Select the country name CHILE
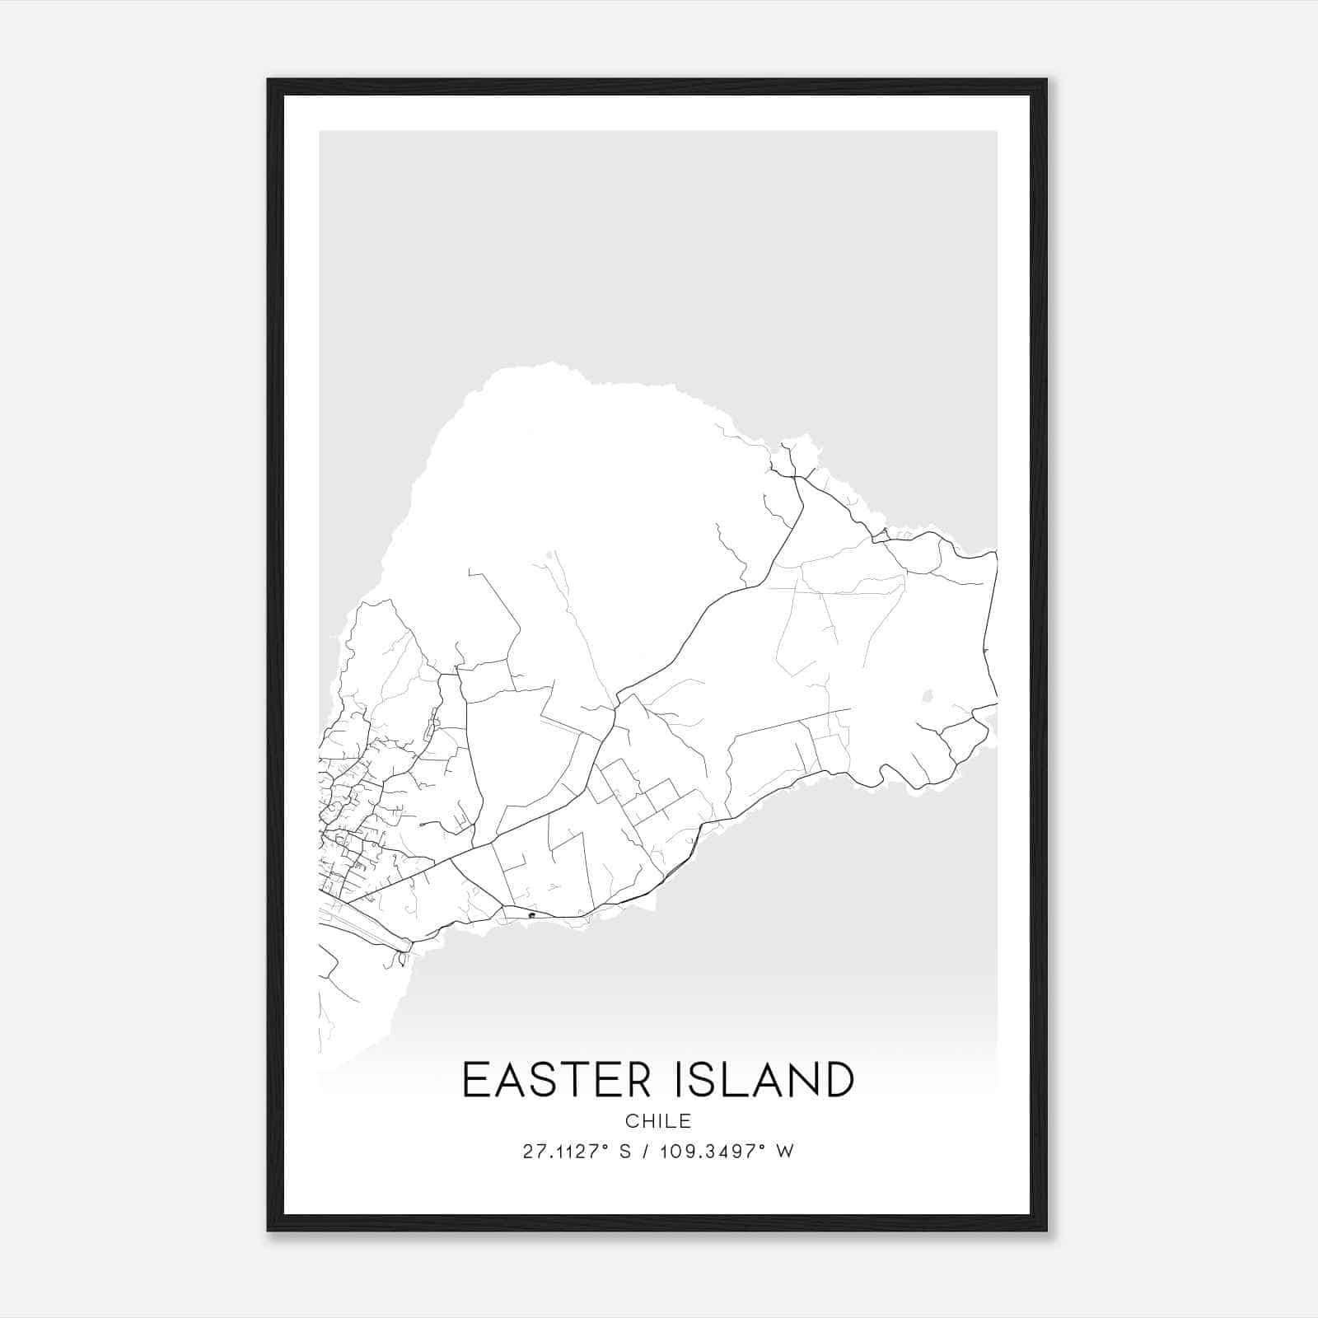pyautogui.click(x=658, y=1121)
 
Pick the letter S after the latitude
pyautogui.click(x=626, y=1152)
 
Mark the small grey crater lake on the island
pyautogui.click(x=928, y=696)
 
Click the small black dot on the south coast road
pyautogui.click(x=532, y=914)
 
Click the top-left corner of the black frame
pyautogui.click(x=269, y=81)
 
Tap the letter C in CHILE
pyautogui.click(x=631, y=1121)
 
